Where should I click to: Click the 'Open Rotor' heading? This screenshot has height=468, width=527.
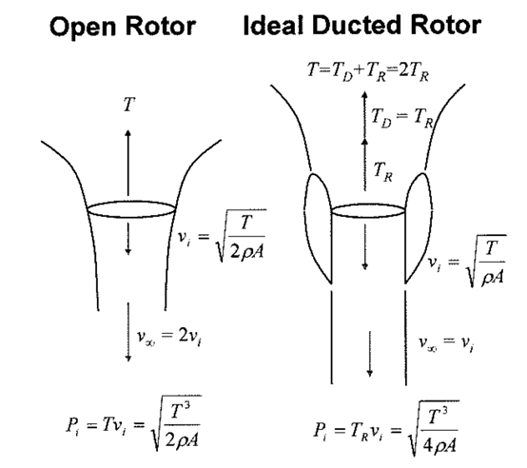point(123,27)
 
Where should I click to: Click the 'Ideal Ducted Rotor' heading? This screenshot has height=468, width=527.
point(362,26)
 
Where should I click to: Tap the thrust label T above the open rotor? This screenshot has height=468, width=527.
point(129,104)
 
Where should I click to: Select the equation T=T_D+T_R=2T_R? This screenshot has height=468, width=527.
point(368,72)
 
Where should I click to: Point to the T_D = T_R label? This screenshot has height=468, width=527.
point(402,118)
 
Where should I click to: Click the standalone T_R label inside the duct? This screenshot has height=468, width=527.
point(382,171)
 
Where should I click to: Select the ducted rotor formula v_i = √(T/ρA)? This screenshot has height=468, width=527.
point(466,261)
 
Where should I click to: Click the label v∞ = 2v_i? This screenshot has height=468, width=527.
point(169,337)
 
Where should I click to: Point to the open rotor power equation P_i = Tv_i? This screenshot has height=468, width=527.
point(134,424)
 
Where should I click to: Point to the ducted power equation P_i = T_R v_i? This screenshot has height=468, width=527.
point(386,429)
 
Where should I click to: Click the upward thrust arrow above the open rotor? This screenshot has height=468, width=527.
point(127,163)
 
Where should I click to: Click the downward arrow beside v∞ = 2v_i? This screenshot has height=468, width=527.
point(127,332)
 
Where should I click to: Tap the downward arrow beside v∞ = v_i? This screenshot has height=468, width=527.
point(370,354)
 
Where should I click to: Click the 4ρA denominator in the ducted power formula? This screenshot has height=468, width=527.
point(439,445)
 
